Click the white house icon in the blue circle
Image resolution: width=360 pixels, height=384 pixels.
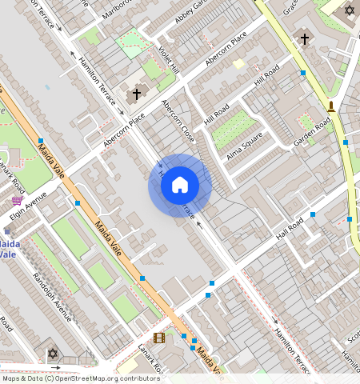(x=180, y=186)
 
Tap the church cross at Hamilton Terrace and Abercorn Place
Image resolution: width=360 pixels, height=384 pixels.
(x=136, y=94)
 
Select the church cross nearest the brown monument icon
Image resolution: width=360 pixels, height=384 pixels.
(x=304, y=38)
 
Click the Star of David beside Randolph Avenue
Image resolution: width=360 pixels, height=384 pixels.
(x=54, y=353)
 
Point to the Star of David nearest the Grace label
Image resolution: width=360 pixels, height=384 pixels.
(x=348, y=10)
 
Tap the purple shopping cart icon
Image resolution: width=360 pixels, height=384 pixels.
(x=17, y=201)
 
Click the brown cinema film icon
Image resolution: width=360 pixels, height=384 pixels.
(x=159, y=338)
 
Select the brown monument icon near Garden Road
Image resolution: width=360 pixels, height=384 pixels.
(x=330, y=105)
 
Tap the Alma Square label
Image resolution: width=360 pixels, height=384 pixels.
(x=245, y=146)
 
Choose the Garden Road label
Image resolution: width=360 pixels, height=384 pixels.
(x=312, y=133)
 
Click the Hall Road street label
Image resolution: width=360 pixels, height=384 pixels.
(x=292, y=231)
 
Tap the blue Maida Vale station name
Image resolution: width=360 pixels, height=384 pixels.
(x=8, y=248)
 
